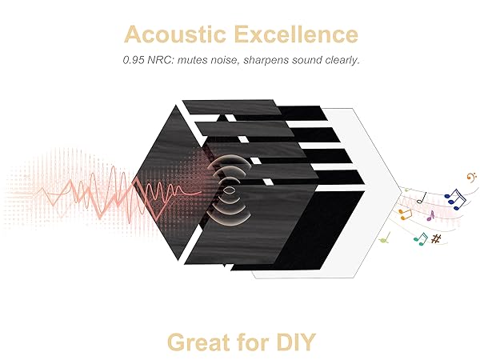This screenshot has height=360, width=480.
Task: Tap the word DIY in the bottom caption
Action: pos(295,342)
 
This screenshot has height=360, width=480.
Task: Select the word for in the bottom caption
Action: pos(254,342)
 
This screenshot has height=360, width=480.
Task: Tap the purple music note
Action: pos(431,215)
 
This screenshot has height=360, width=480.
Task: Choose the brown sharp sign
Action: pos(436,238)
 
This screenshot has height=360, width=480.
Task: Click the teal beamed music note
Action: pos(419,237)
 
